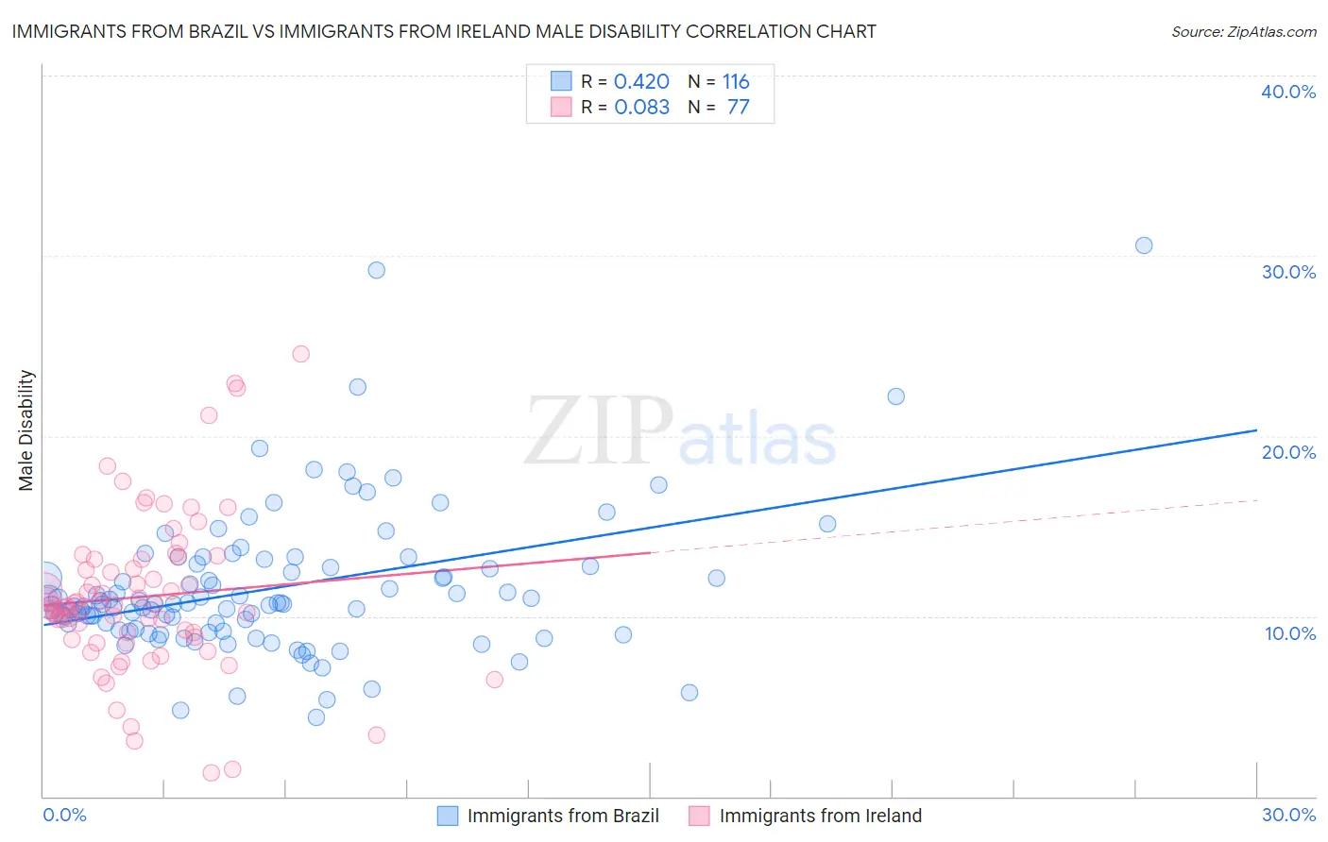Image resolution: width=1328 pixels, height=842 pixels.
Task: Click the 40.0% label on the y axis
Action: (x=1288, y=92)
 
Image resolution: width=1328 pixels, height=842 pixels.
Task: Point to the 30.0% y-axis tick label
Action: (x=1288, y=272)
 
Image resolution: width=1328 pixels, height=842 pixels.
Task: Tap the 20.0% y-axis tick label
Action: (x=1288, y=452)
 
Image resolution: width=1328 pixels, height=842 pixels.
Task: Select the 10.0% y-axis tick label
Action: (x=1290, y=633)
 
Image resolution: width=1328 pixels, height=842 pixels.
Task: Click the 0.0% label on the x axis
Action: (x=64, y=815)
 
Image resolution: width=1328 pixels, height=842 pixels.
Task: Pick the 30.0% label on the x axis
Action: (x=1288, y=815)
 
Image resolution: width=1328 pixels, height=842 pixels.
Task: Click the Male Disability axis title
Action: (x=26, y=429)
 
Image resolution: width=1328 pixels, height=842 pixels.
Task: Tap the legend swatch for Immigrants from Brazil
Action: (x=448, y=816)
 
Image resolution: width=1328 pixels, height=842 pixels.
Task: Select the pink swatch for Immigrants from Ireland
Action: (x=699, y=816)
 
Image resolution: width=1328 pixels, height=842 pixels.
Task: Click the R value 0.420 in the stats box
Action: (x=641, y=82)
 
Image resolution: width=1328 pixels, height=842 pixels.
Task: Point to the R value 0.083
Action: (x=641, y=108)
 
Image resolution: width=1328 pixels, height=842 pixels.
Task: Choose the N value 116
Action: (x=736, y=82)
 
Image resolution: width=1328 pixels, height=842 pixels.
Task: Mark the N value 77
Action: (x=738, y=108)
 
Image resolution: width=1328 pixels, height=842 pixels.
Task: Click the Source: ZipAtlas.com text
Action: (x=1243, y=32)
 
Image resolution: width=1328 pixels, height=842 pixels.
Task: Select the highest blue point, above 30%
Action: (x=1144, y=245)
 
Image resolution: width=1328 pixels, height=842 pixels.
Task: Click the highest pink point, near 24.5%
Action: (x=300, y=354)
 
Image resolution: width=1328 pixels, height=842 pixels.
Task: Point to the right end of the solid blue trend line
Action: (x=1256, y=430)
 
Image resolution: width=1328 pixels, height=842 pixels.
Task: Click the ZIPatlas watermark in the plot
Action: (x=680, y=431)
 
